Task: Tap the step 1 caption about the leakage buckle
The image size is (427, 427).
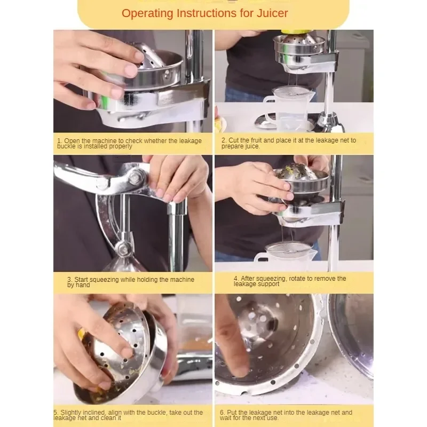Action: click(x=129, y=144)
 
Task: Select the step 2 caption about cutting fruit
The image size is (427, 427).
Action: click(x=289, y=143)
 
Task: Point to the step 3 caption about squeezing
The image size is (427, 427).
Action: click(x=131, y=282)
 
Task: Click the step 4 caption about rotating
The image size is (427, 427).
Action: click(x=290, y=281)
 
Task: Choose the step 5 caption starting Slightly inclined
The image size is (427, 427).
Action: click(x=128, y=415)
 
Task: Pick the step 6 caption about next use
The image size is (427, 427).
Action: click(x=286, y=415)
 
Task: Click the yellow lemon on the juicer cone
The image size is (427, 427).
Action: click(x=296, y=32)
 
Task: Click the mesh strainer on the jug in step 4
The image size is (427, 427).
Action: click(x=289, y=248)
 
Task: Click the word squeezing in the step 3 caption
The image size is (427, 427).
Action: click(x=104, y=280)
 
